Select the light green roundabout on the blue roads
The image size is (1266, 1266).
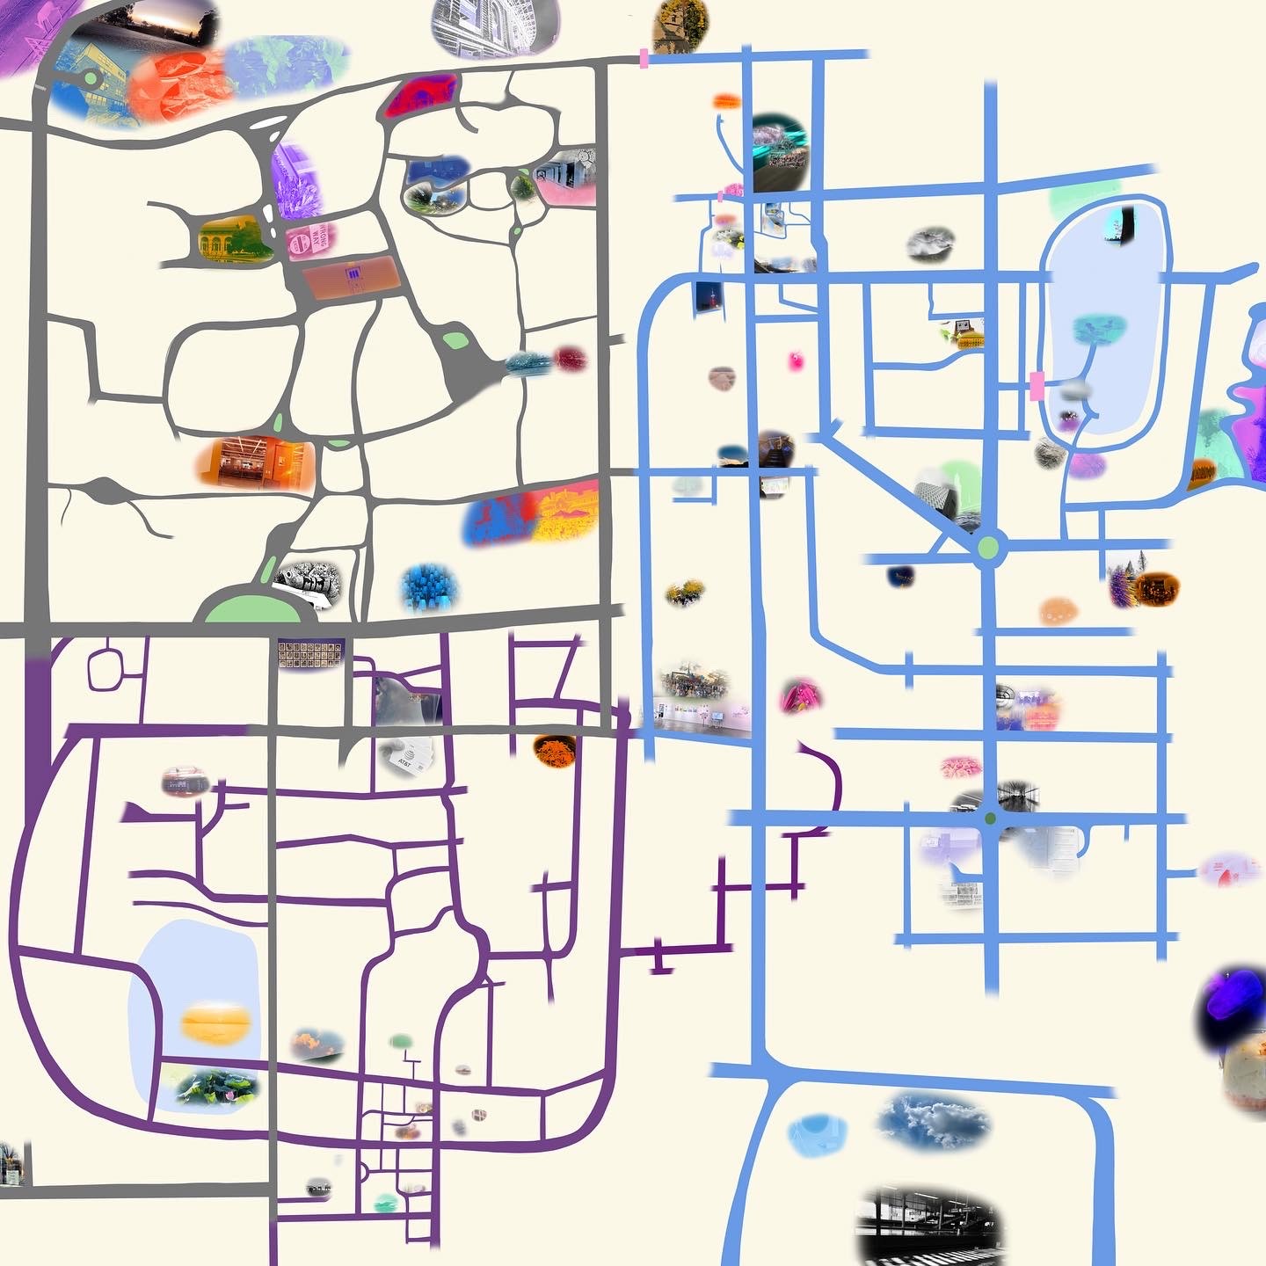[x=988, y=548]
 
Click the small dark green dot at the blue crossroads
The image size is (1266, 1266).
[x=991, y=819]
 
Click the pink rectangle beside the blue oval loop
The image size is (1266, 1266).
[x=1036, y=385]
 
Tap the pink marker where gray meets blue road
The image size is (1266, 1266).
[x=644, y=60]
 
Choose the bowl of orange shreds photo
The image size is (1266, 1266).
[x=554, y=750]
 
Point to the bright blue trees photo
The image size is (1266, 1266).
[x=429, y=587]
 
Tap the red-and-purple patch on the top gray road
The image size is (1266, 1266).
[x=421, y=96]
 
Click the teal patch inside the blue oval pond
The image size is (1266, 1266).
[x=1099, y=329]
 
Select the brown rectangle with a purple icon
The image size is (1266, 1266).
[x=350, y=279]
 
